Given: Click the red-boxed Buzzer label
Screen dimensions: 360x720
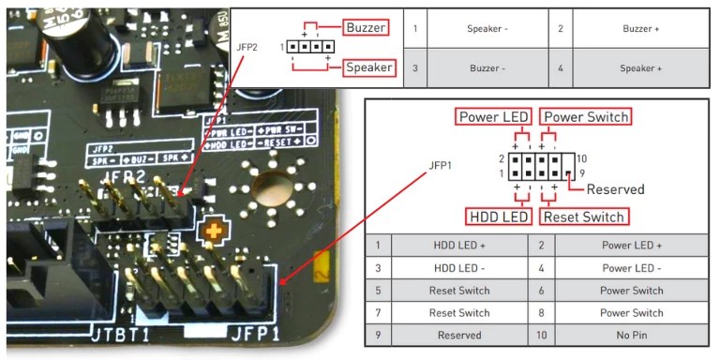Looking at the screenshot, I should pyautogui.click(x=366, y=27).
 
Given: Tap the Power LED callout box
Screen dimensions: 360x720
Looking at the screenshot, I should pyautogui.click(x=494, y=117).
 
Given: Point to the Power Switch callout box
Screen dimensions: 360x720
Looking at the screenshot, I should pyautogui.click(x=585, y=117).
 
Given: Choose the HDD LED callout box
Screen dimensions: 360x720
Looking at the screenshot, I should pyautogui.click(x=499, y=217).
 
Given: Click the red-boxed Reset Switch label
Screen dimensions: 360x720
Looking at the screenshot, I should pyautogui.click(x=583, y=217).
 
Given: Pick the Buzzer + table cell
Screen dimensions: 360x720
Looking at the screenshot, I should pyautogui.click(x=641, y=29).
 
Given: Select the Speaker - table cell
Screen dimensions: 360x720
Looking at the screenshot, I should pyautogui.click(x=487, y=29).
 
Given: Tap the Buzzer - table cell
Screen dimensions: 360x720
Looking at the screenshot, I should pyautogui.click(x=487, y=68).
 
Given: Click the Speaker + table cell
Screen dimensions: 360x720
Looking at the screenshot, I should pyautogui.click(x=641, y=68).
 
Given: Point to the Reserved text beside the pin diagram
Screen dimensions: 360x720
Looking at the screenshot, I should pyautogui.click(x=615, y=189).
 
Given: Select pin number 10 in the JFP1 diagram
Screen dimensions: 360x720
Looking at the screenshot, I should pyautogui.click(x=582, y=158).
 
